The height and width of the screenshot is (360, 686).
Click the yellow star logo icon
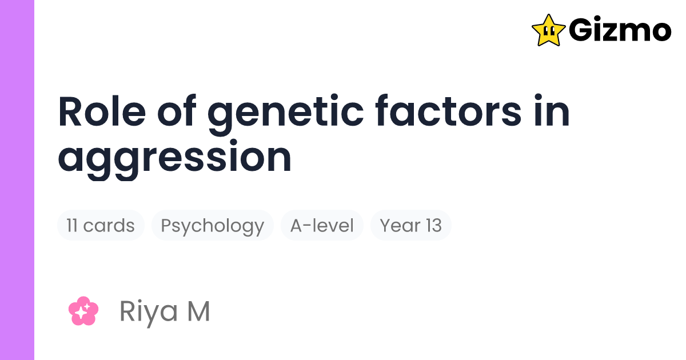[548, 30]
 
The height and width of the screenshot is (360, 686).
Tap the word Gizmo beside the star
[620, 30]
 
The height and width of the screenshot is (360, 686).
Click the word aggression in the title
[174, 158]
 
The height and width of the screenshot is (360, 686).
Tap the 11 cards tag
[101, 226]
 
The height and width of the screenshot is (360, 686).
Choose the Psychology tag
[212, 226]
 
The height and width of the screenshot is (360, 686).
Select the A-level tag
[322, 226]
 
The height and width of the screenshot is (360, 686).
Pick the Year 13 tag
[411, 226]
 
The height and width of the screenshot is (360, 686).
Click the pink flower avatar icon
[83, 311]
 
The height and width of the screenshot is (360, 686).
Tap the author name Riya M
[165, 311]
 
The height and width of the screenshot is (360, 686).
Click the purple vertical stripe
[17, 180]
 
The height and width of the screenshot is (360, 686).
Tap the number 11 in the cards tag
[72, 226]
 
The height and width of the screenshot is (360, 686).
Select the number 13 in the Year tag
[432, 226]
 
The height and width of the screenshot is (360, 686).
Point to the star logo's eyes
[549, 26]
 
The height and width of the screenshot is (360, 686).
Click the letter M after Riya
[198, 311]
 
